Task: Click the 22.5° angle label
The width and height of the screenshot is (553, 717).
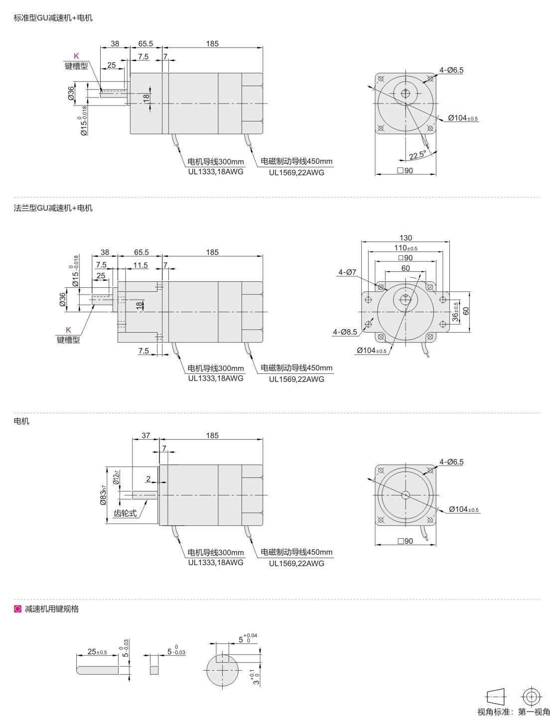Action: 417,155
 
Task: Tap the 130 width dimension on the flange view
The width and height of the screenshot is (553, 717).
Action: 406,238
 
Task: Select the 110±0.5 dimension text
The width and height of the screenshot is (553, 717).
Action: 406,247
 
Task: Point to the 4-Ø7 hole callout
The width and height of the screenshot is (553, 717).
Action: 347,272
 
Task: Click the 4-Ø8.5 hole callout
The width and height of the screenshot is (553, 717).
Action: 345,332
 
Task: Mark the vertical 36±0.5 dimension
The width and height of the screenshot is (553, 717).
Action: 455,312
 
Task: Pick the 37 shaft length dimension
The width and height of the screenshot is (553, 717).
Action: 145,435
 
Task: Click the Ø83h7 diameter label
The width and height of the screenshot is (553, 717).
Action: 103,495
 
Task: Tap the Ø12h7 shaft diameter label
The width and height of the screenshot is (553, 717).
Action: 116,477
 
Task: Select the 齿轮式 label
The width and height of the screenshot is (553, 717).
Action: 125,513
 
